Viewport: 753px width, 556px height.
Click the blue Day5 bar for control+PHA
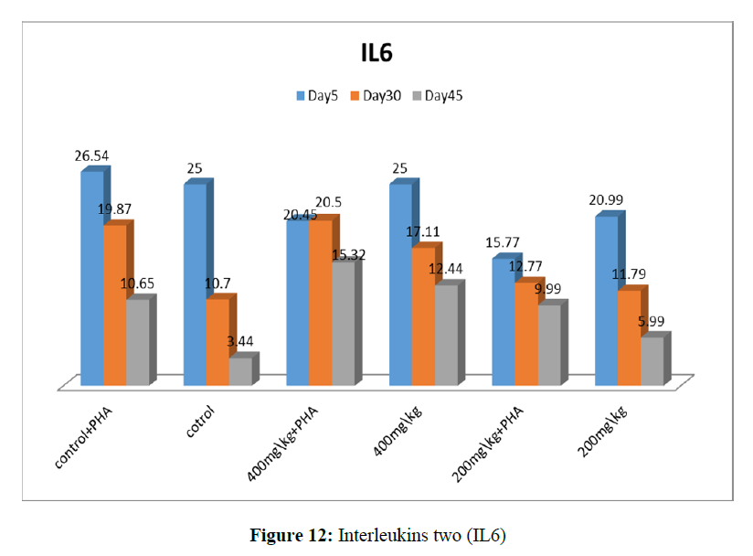(x=91, y=274)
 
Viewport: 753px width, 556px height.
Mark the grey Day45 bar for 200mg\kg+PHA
(x=548, y=343)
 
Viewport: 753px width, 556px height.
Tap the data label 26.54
(x=91, y=156)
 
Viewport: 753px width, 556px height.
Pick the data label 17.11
(x=423, y=232)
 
